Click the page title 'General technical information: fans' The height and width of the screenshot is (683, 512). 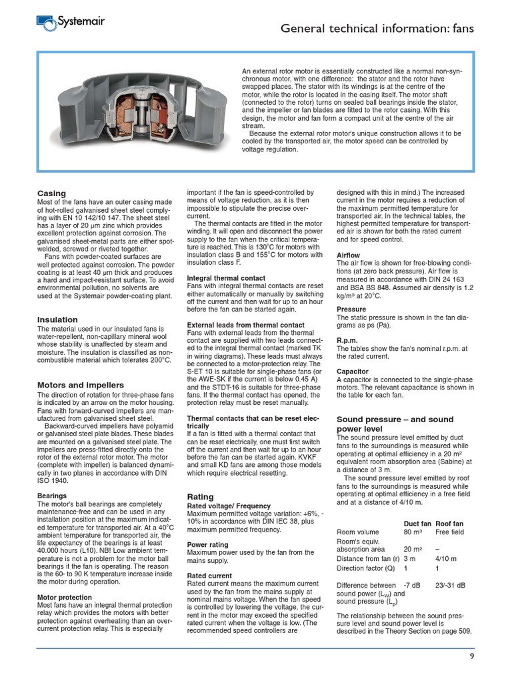click(377, 28)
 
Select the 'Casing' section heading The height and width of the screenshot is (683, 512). click(51, 193)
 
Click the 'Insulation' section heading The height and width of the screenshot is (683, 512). click(57, 319)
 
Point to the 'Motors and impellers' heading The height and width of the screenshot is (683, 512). click(80, 385)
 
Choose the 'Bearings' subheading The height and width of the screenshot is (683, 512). click(52, 496)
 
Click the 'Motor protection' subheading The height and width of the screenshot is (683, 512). click(65, 597)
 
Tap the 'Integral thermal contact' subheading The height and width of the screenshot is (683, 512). click(226, 277)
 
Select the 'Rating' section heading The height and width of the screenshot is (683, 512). click(201, 496)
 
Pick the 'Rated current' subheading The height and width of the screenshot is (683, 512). click(209, 575)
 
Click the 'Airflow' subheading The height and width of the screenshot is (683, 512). click(349, 255)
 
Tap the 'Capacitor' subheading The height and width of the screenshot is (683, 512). click(353, 371)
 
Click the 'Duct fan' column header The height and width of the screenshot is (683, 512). click(417, 524)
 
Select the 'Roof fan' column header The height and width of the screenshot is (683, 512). click(449, 524)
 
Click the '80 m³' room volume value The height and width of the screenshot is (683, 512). click(415, 532)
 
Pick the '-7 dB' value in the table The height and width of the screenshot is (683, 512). click(413, 585)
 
